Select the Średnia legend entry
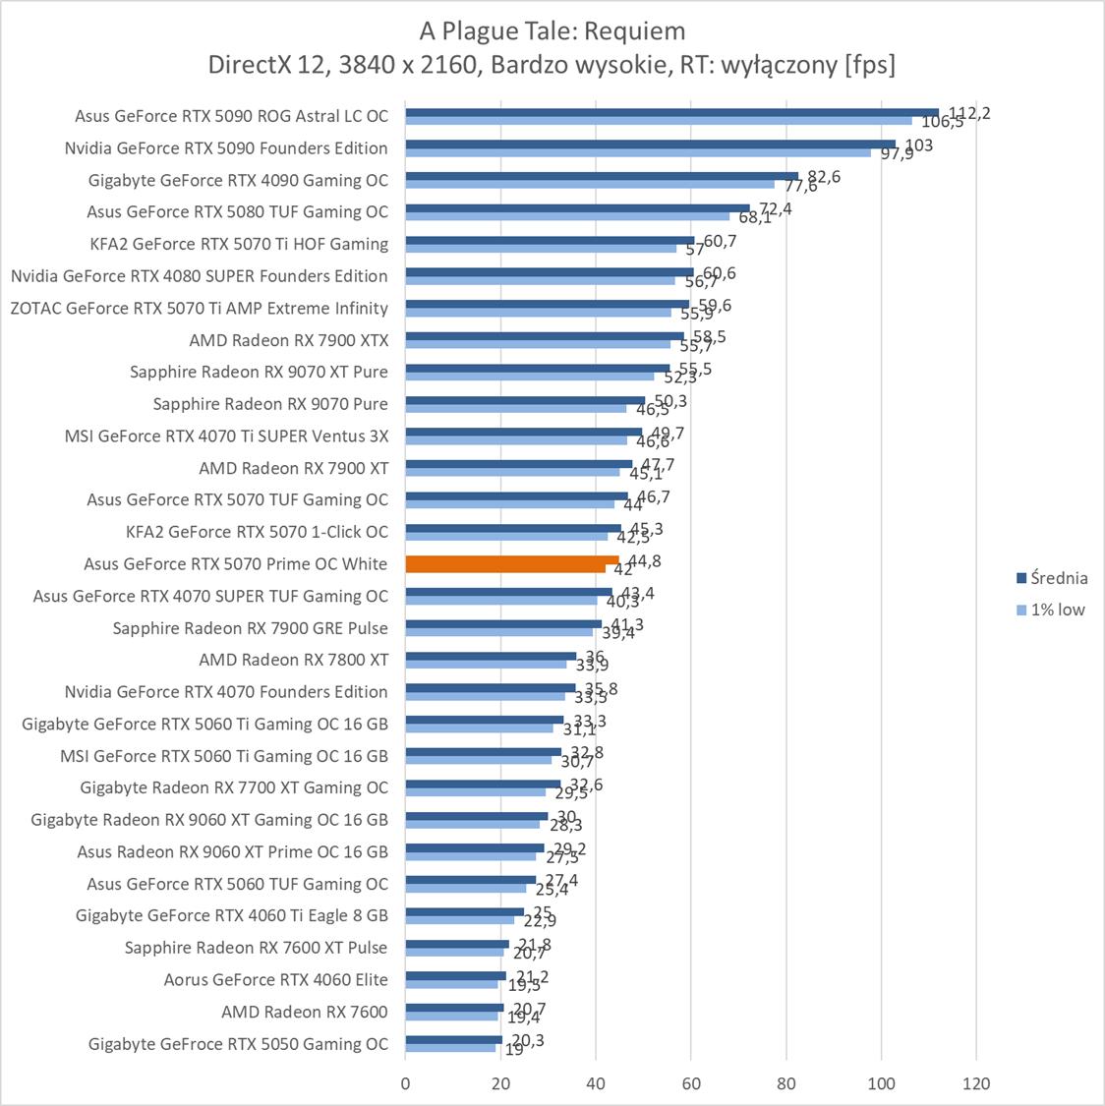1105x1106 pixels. [x=1052, y=578]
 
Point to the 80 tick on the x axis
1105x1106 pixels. [x=786, y=1084]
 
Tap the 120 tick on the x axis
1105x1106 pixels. [x=976, y=1084]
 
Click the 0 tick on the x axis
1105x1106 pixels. [x=406, y=1084]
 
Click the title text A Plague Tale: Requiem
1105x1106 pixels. [x=552, y=31]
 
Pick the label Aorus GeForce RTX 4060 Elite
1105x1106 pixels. [x=276, y=979]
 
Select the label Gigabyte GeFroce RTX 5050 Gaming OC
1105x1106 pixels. [x=238, y=1044]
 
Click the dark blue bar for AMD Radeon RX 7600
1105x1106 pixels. [x=454, y=1008]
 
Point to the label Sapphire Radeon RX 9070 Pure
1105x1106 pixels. [x=270, y=404]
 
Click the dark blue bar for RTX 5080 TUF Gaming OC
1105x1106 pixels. [x=577, y=208]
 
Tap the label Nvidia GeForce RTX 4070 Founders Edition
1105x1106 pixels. [x=226, y=692]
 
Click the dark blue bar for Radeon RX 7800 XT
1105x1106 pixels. [x=491, y=656]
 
